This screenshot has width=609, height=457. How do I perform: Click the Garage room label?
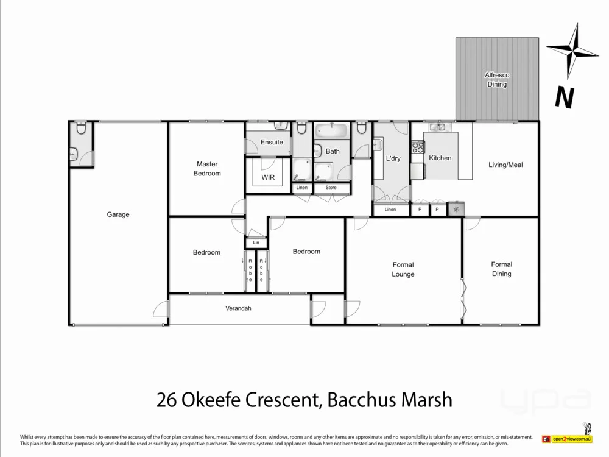[x=118, y=214]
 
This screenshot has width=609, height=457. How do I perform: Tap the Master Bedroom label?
[x=207, y=169]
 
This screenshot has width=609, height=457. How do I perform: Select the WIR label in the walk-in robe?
[x=268, y=177]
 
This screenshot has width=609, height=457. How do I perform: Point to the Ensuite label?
[x=272, y=142]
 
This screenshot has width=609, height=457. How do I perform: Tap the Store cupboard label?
[x=331, y=188]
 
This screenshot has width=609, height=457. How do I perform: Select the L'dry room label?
[x=393, y=158]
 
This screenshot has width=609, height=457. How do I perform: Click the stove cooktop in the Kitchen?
[x=418, y=147]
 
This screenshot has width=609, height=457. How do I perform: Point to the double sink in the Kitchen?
[x=437, y=127]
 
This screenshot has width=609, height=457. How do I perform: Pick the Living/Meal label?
[x=505, y=165]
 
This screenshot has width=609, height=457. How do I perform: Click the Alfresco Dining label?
[x=497, y=80]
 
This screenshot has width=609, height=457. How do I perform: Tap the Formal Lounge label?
[x=403, y=269]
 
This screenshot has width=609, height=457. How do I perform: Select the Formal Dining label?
[x=502, y=269]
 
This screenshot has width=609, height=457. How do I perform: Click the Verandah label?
[x=239, y=308]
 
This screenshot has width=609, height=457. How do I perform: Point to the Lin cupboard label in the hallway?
[x=256, y=243]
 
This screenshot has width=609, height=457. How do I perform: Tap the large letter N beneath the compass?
[x=565, y=98]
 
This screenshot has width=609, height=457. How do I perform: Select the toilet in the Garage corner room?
[x=81, y=129]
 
